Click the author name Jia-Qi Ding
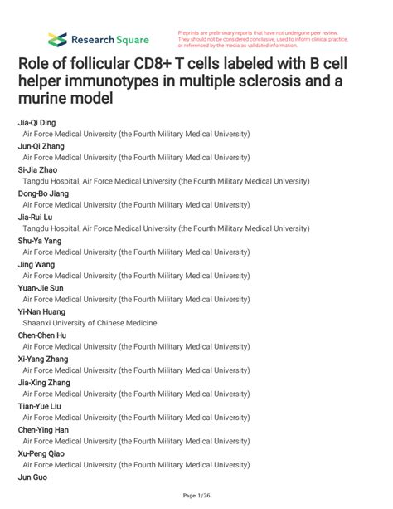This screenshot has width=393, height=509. (x=38, y=122)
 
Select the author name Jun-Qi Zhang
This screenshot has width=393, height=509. (x=41, y=146)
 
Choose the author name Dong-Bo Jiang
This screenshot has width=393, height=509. (x=43, y=193)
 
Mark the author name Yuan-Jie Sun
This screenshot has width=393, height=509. (x=41, y=287)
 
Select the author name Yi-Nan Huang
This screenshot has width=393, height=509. (x=41, y=311)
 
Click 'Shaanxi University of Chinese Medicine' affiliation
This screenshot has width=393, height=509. (x=90, y=323)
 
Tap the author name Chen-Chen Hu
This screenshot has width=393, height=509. (x=42, y=335)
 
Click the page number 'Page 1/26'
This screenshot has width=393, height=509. (x=196, y=496)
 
